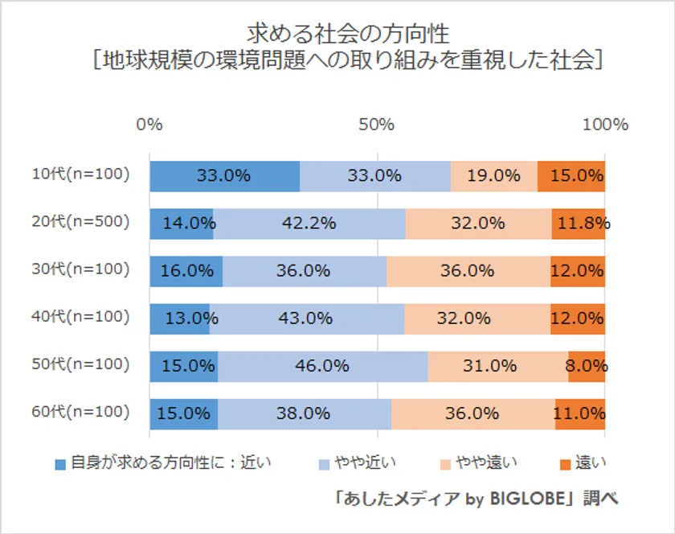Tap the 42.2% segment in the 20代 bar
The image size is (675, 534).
[309, 224]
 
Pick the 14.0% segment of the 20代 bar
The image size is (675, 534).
[182, 224]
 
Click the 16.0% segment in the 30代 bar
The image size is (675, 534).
[186, 271]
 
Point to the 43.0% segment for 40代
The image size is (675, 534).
[306, 318]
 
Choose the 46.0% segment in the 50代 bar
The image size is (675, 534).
[322, 366]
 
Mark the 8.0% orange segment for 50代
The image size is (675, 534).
[586, 366]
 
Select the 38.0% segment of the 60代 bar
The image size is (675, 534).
[305, 413]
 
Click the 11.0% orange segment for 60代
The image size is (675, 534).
[579, 413]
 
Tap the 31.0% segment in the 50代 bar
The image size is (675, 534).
[497, 366]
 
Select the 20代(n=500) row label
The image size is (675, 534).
[80, 222]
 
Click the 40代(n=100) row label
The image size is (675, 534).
[80, 317]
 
